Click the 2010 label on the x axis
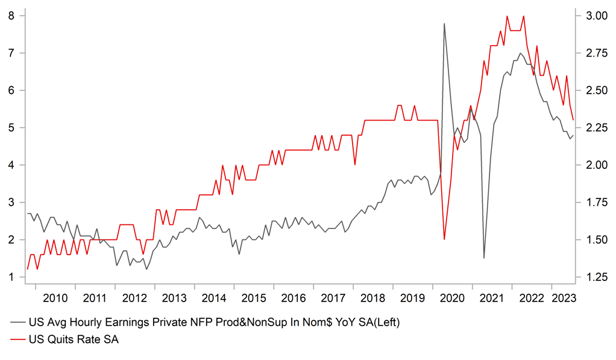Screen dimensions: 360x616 [x=55, y=298]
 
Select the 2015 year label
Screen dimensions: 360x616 [x=254, y=298]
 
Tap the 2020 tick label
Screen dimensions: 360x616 [x=452, y=298]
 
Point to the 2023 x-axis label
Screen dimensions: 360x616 [x=564, y=298]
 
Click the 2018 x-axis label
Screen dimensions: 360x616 [x=372, y=298]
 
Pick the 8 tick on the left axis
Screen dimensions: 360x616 [x=11, y=16]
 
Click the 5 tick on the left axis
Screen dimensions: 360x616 [x=11, y=128]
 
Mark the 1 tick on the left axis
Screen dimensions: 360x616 [x=11, y=277]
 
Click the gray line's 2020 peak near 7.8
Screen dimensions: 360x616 [x=444, y=24]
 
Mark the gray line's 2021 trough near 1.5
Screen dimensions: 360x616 [x=484, y=258]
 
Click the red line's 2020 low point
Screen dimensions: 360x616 [x=444, y=239]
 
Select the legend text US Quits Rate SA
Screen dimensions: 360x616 [x=74, y=340]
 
